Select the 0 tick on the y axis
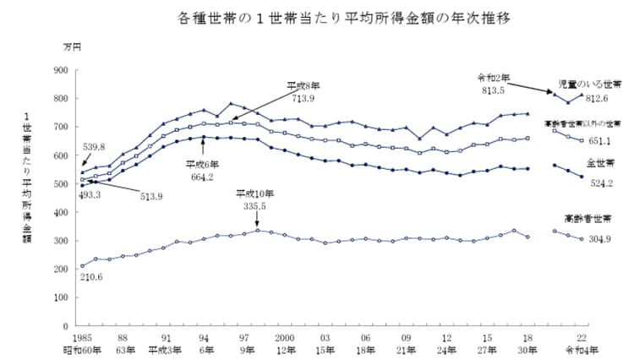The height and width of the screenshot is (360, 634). coord(63,325)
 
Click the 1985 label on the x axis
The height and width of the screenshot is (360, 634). coord(83,336)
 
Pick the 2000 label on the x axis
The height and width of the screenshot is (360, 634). coord(284,336)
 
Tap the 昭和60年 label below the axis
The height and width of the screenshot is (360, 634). coord(83,348)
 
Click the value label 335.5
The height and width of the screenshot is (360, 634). coord(259,205)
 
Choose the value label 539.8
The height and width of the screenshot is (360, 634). coord(93,146)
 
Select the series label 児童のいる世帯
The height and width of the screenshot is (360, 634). coord(590,85)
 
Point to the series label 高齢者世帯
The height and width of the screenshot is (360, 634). coord(593,218)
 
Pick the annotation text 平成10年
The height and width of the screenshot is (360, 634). coord(259,194)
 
